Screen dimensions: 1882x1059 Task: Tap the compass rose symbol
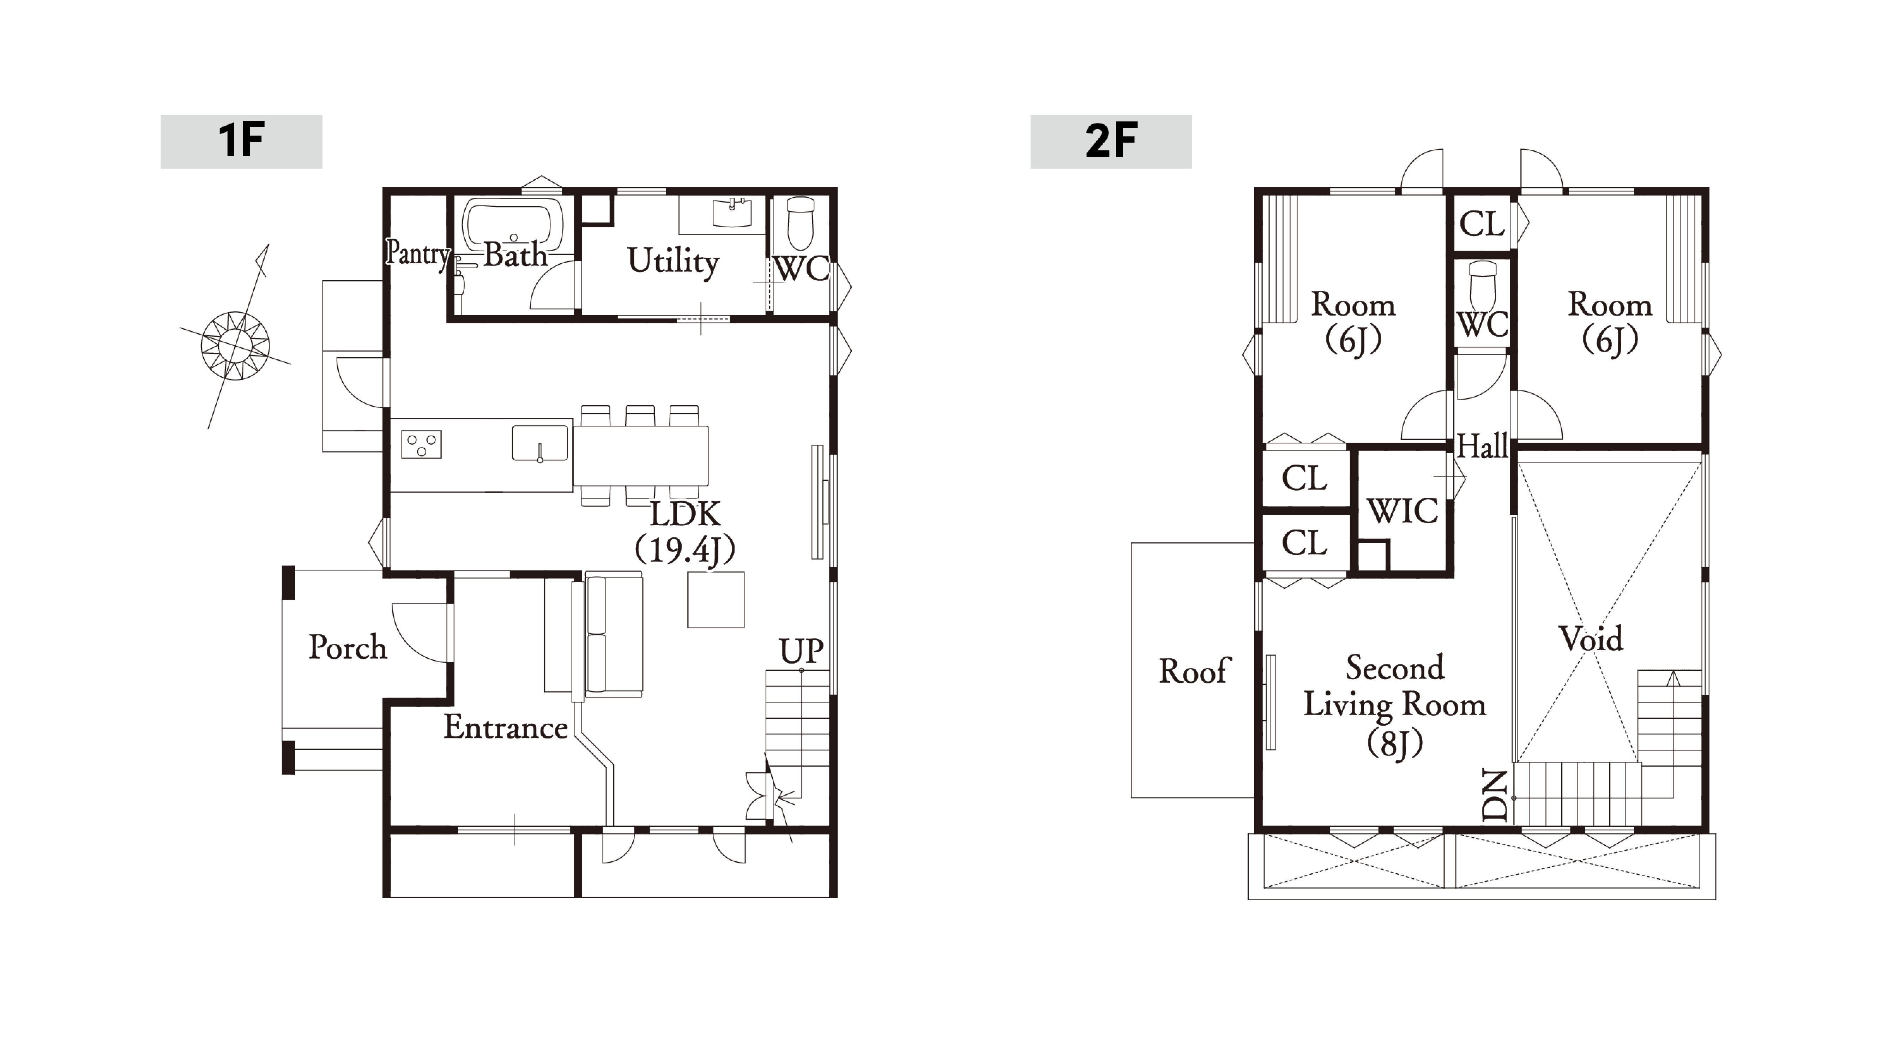point(235,345)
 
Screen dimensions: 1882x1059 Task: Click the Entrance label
point(506,727)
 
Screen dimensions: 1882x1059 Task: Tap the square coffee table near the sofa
point(715,599)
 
